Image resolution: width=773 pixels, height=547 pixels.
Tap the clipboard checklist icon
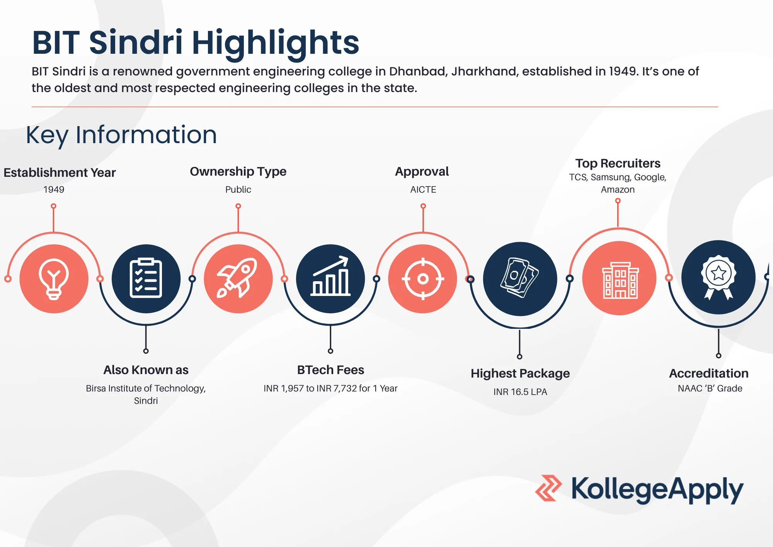pyautogui.click(x=146, y=278)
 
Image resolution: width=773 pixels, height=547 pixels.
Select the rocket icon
pyautogui.click(x=238, y=278)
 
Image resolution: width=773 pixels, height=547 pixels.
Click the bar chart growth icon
pyautogui.click(x=330, y=276)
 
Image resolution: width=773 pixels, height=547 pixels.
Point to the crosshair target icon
pyautogui.click(x=423, y=279)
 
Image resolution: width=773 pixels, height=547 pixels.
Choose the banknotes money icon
pyautogui.click(x=519, y=278)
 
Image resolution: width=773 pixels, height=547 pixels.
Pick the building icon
pyautogui.click(x=620, y=280)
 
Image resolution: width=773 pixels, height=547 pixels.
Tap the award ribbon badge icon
pyautogui.click(x=719, y=277)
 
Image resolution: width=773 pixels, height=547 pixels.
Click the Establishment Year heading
pyautogui.click(x=60, y=173)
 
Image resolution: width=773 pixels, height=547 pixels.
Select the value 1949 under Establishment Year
pyautogui.click(x=54, y=190)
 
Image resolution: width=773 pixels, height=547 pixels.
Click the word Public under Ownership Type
pyautogui.click(x=238, y=190)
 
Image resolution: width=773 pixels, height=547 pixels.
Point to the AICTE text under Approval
pyautogui.click(x=423, y=190)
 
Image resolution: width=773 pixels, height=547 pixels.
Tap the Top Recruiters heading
pyautogui.click(x=618, y=163)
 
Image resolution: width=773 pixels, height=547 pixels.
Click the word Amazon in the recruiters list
pyautogui.click(x=618, y=190)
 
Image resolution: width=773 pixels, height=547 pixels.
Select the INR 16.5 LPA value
pyautogui.click(x=520, y=392)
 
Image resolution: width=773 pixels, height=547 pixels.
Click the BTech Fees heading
pyautogui.click(x=330, y=370)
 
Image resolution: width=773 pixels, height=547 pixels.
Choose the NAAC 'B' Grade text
pyautogui.click(x=710, y=388)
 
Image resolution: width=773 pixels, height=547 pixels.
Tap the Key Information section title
pyautogui.click(x=121, y=135)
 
